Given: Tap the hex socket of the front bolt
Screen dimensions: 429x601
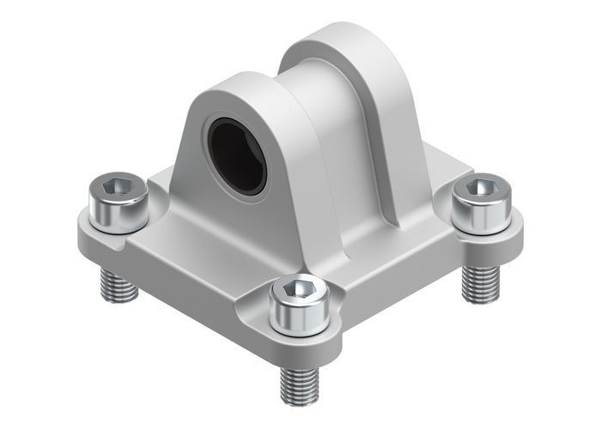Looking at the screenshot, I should tap(299, 293).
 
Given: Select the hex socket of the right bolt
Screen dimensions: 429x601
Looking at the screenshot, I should tap(481, 186).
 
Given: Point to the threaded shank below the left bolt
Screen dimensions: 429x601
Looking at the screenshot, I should tap(119, 283).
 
